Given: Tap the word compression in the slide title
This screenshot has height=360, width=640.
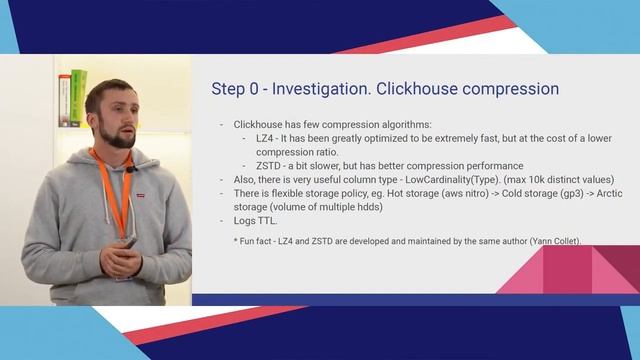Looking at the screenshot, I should coord(506,89).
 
